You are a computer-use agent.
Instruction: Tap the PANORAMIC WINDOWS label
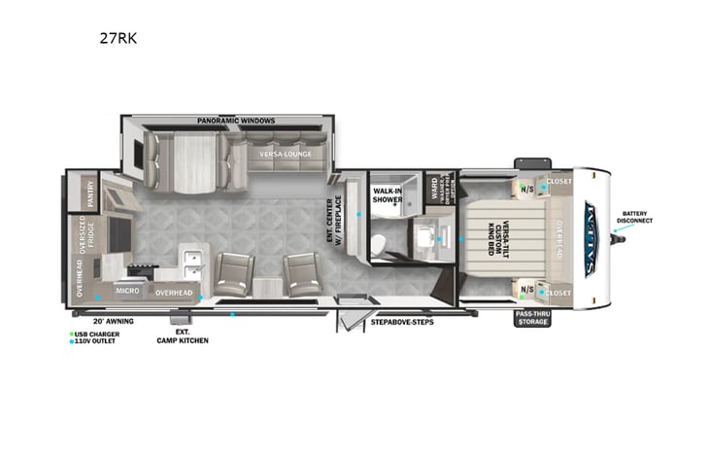coord(236,121)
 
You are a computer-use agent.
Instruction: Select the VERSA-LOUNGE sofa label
coord(276,154)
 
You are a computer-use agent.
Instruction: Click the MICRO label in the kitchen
coord(128,290)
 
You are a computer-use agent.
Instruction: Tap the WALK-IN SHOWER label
coord(388,194)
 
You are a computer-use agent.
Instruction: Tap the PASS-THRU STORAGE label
coord(532,317)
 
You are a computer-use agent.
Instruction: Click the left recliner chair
coord(233,273)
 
